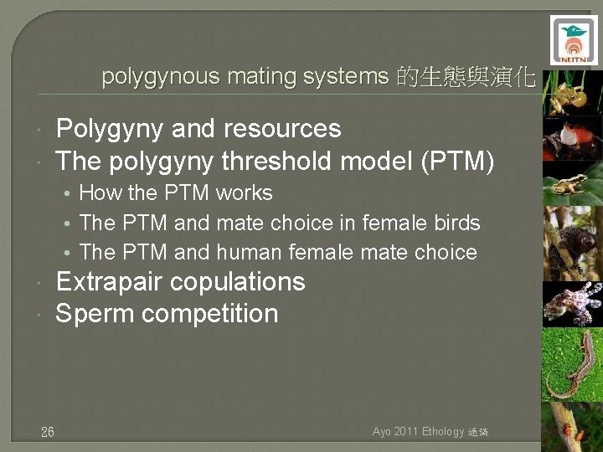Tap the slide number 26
48,432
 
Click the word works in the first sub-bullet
244,193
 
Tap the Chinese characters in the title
465,78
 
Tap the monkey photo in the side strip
572,243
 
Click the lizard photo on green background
572,364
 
